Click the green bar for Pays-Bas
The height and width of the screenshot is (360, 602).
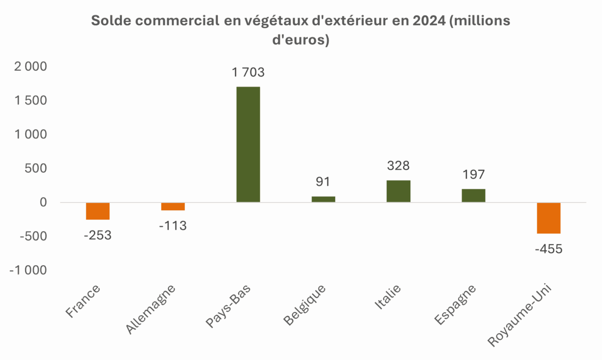248,144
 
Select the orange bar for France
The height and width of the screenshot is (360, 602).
98,211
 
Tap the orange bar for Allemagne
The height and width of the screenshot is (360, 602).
173,206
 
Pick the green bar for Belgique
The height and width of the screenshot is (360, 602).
323,199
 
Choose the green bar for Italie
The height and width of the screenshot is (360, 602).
398,191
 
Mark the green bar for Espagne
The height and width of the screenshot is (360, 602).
473,196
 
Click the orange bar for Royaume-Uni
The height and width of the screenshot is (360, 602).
548,218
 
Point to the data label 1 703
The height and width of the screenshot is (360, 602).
248,73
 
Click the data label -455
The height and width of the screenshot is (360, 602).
548,249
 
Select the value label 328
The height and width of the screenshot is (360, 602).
398,166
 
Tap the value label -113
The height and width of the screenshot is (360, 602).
173,226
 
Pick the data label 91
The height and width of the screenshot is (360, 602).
323,182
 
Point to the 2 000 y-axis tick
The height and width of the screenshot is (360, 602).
31,67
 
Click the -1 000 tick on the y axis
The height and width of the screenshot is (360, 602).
28,270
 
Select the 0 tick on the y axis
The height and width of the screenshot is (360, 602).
43,202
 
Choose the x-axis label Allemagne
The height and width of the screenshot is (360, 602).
150,309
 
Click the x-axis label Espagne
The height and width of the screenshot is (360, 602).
455,305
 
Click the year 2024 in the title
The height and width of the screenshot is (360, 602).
429,20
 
